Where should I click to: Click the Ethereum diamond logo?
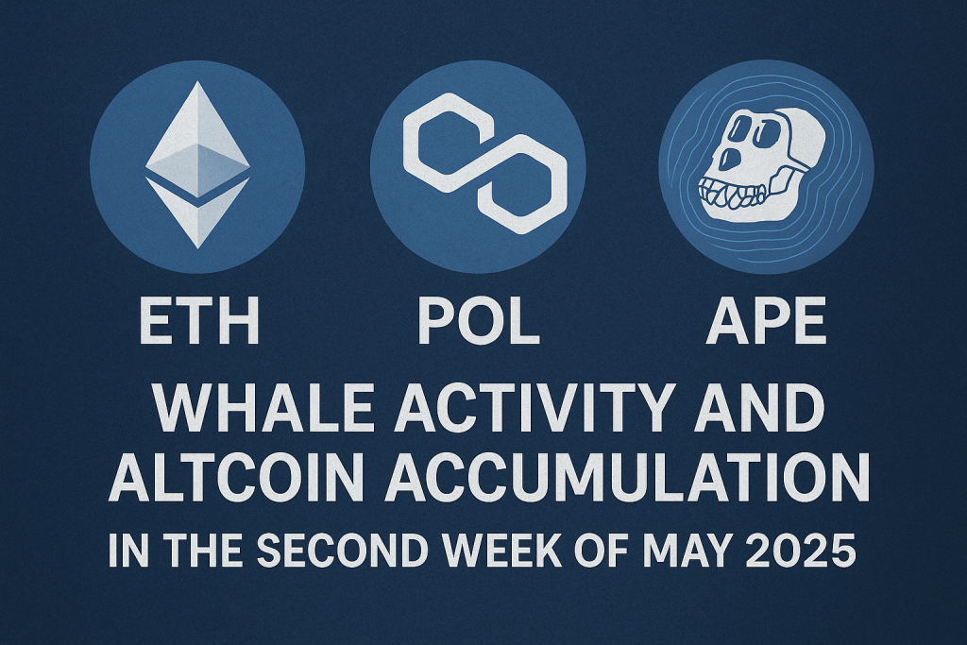[x=197, y=164]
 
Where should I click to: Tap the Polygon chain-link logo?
[x=484, y=163]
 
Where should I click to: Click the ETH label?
[x=198, y=321]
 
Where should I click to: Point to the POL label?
[x=479, y=321]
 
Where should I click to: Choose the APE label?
[x=766, y=321]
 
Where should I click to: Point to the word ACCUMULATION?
[x=627, y=478]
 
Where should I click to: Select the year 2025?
[x=801, y=550]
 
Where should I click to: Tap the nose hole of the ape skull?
[x=730, y=158]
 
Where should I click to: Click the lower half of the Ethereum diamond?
[x=197, y=212]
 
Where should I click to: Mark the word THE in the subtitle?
[x=203, y=550]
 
